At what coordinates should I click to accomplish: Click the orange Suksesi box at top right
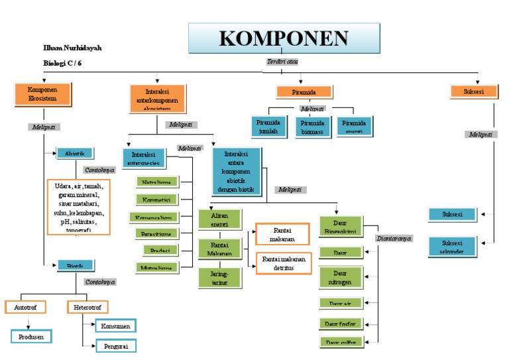click(468, 91)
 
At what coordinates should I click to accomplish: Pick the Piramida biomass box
click(313, 126)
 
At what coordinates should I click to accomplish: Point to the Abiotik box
click(75, 152)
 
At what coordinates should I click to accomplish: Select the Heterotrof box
click(87, 307)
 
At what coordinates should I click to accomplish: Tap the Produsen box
click(31, 336)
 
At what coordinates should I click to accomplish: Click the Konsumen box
click(115, 326)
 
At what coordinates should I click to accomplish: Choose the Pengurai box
click(115, 345)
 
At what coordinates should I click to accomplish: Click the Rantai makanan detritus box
click(283, 263)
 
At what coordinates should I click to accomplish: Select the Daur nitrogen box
click(341, 278)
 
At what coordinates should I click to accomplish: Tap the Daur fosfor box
click(341, 324)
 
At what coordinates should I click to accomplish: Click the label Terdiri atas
click(282, 62)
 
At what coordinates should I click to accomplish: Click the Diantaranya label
click(394, 237)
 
